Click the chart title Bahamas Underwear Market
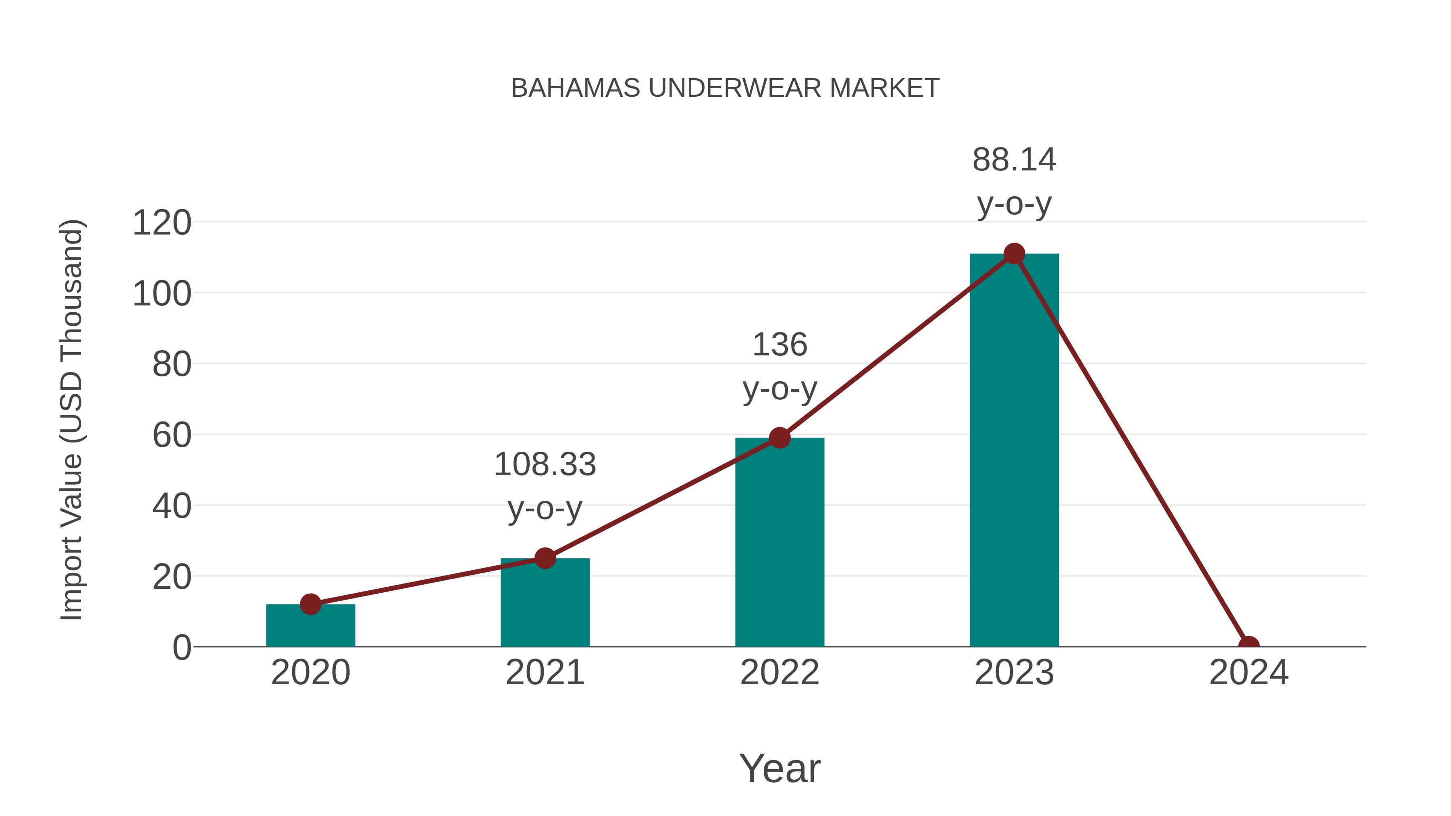(x=725, y=88)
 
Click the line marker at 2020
(x=310, y=604)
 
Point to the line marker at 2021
(x=545, y=559)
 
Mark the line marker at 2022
(x=780, y=438)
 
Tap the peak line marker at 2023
(x=1014, y=254)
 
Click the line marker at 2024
(x=1249, y=646)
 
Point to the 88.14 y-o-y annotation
(x=1014, y=181)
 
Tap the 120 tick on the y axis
(x=162, y=223)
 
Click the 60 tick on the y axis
(x=172, y=435)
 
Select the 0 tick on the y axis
(x=182, y=648)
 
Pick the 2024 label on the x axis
(x=1249, y=673)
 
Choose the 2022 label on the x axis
(x=780, y=673)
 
